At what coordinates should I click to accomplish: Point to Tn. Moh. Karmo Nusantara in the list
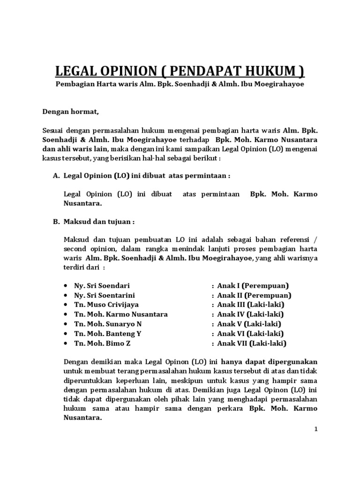pos(121,314)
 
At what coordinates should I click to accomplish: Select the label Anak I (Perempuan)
pos(253,285)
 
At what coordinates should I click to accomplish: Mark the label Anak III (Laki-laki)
pos(251,305)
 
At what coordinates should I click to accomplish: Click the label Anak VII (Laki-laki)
pos(252,343)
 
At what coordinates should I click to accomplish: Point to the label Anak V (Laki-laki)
pos(249,324)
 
